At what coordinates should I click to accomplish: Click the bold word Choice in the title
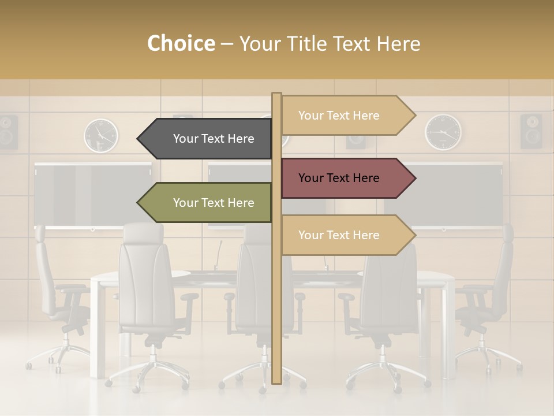(x=181, y=44)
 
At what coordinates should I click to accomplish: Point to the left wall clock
(x=101, y=135)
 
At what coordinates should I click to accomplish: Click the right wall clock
(x=443, y=132)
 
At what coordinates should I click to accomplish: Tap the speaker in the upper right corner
(x=531, y=131)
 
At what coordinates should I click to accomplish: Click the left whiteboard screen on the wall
(x=92, y=195)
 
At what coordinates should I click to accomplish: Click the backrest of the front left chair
(x=147, y=277)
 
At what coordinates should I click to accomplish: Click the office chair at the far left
(x=55, y=300)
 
